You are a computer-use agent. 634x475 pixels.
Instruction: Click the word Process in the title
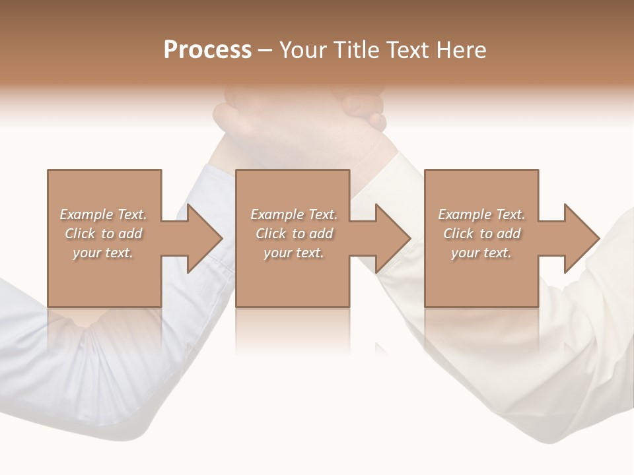pos(207,50)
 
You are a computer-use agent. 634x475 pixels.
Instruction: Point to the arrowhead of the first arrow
pos(205,238)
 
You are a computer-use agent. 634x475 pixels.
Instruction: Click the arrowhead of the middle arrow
pos(394,238)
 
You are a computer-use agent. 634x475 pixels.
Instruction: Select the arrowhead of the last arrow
pos(582,238)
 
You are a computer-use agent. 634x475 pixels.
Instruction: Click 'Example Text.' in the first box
pos(103,214)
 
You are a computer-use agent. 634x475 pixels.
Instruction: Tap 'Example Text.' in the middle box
pos(294,214)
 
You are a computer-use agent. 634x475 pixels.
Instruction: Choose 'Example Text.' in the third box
pos(481,214)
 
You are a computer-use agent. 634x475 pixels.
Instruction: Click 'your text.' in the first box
pos(103,253)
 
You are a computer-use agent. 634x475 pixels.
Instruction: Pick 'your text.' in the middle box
pos(294,253)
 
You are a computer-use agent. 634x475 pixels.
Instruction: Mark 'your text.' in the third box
pos(481,253)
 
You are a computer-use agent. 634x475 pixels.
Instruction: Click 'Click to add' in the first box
pos(103,234)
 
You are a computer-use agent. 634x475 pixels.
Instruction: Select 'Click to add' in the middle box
pos(294,234)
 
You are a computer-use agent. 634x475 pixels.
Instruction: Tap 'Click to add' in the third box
pos(481,234)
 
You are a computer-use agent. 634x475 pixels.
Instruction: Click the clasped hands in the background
pos(300,119)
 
